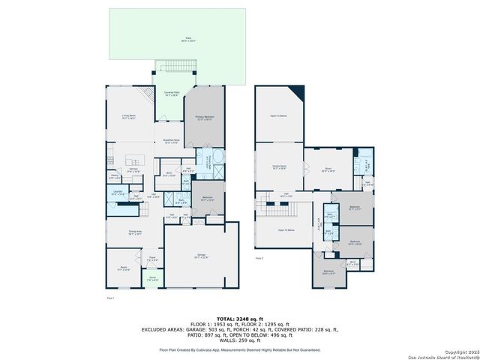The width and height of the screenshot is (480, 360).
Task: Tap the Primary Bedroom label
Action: pos(205,118)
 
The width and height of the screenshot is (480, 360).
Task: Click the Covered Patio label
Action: pos(171,94)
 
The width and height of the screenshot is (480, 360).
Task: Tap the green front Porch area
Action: pos(152,280)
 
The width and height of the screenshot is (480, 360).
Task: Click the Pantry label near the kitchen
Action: pos(113,178)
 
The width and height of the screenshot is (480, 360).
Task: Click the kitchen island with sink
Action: pos(136,161)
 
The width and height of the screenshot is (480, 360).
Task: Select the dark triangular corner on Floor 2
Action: pos(298,93)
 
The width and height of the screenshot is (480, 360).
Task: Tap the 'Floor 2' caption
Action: pos(259,258)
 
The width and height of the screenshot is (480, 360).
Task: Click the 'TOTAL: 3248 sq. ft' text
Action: pos(239,318)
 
